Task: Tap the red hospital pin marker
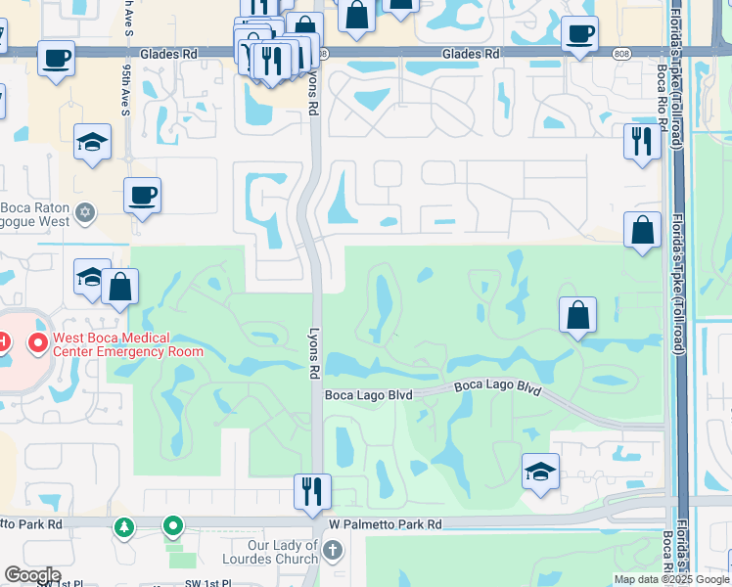pyautogui.click(x=38, y=343)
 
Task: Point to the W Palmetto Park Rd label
pyautogui.click(x=386, y=524)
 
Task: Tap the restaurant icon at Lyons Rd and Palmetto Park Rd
pyautogui.click(x=312, y=491)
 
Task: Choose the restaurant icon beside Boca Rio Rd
pyautogui.click(x=641, y=142)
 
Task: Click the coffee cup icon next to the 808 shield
pyautogui.click(x=579, y=34)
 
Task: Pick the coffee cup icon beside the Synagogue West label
pyautogui.click(x=142, y=196)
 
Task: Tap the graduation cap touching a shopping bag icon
pyautogui.click(x=91, y=277)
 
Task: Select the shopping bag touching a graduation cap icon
pyautogui.click(x=119, y=287)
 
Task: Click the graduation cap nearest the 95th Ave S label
pyautogui.click(x=92, y=143)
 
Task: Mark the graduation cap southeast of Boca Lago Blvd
pyautogui.click(x=540, y=472)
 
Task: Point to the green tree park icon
pyautogui.click(x=124, y=527)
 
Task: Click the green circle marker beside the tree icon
pyautogui.click(x=173, y=527)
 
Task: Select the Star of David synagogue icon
pyautogui.click(x=85, y=212)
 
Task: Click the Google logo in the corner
pyautogui.click(x=32, y=575)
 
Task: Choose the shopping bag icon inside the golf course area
pyautogui.click(x=577, y=315)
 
